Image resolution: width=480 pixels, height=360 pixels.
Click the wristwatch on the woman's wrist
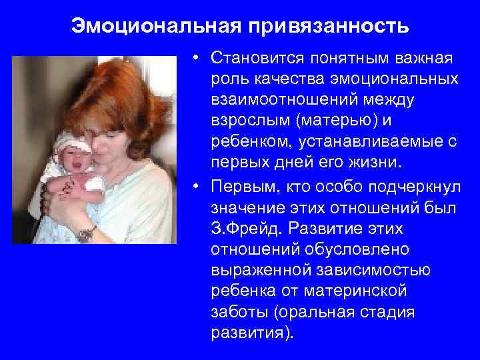click(x=85, y=233)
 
